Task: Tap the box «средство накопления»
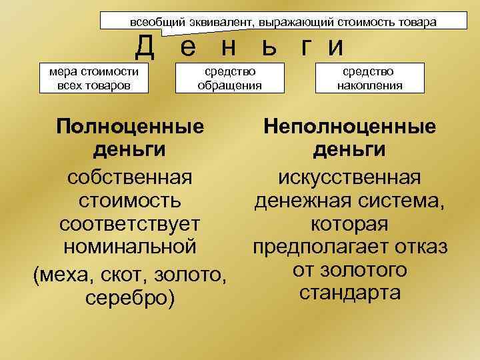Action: (369, 78)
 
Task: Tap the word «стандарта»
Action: (350, 292)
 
